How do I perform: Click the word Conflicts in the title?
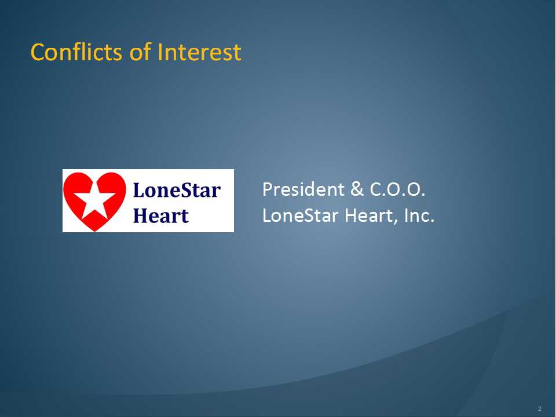[76, 52]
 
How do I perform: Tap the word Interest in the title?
[199, 52]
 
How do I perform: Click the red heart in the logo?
[94, 201]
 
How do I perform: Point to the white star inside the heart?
[94, 201]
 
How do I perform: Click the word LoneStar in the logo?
[177, 190]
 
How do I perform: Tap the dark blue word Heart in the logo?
[160, 215]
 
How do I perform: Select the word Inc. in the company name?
[419, 215]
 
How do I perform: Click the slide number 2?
[540, 408]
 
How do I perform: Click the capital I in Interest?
[160, 52]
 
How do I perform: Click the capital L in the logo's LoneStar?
[139, 190]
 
